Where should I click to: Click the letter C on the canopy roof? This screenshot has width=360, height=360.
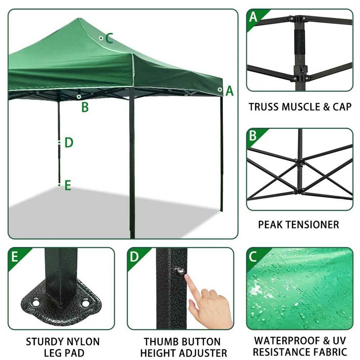pyautogui.click(x=109, y=38)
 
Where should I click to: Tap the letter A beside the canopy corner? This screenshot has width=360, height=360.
pyautogui.click(x=229, y=91)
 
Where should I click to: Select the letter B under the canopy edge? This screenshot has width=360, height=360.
pyautogui.click(x=85, y=107)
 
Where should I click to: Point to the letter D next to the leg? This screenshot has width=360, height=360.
pyautogui.click(x=69, y=143)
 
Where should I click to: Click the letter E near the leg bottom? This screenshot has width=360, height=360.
pyautogui.click(x=68, y=186)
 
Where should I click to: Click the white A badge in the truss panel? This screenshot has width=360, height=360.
pyautogui.click(x=254, y=17)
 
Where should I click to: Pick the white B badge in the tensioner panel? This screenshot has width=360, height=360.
pyautogui.click(x=253, y=136)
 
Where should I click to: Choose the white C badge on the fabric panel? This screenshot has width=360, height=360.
pyautogui.click(x=253, y=256)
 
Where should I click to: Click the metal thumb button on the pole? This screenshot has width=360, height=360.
pyautogui.click(x=179, y=270)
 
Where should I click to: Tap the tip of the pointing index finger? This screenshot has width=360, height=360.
pyautogui.click(x=187, y=276)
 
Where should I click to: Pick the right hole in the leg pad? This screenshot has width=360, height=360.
pyautogui.click(x=85, y=304)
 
